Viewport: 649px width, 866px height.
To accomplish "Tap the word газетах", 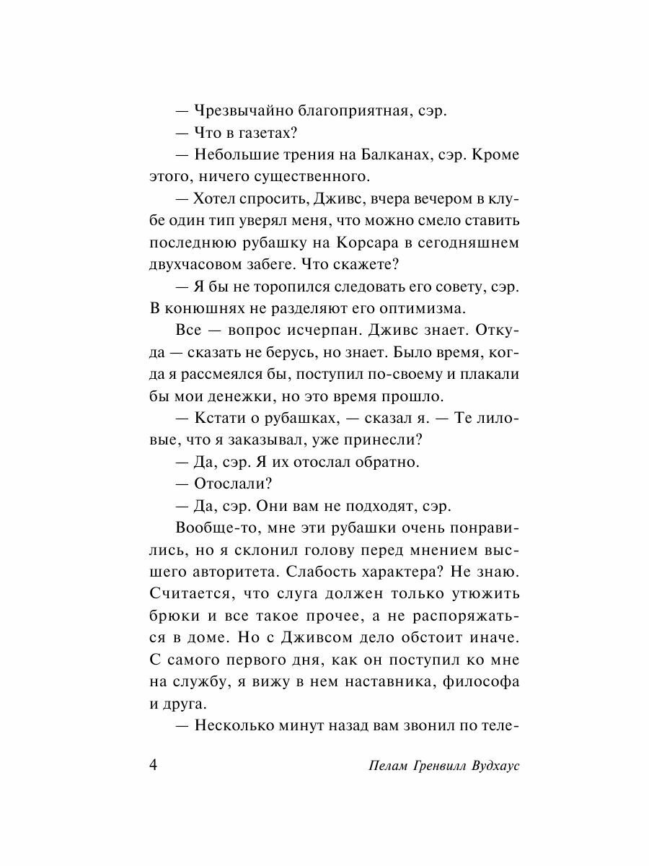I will [x=258, y=134].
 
